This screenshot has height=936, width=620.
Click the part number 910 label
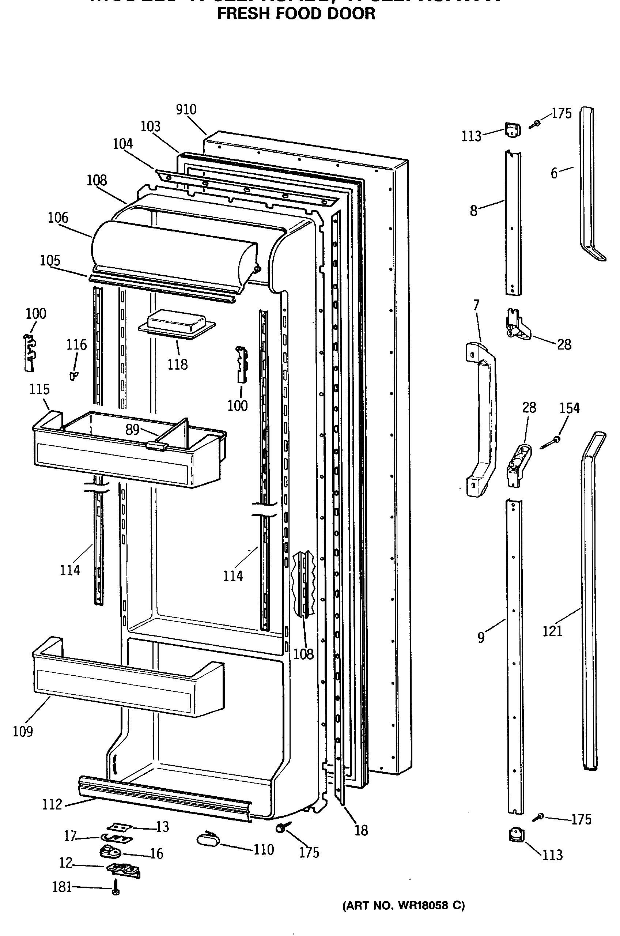tap(186, 110)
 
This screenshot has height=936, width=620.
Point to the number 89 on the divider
tap(132, 430)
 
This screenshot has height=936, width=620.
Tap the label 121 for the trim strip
tap(552, 631)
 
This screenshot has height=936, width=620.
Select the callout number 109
tap(23, 732)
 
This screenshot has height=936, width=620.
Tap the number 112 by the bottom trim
tap(52, 804)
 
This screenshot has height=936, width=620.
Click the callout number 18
tap(361, 830)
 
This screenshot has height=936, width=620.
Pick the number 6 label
tap(554, 173)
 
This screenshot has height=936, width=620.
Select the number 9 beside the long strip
tap(481, 637)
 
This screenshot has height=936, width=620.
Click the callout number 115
tap(39, 389)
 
